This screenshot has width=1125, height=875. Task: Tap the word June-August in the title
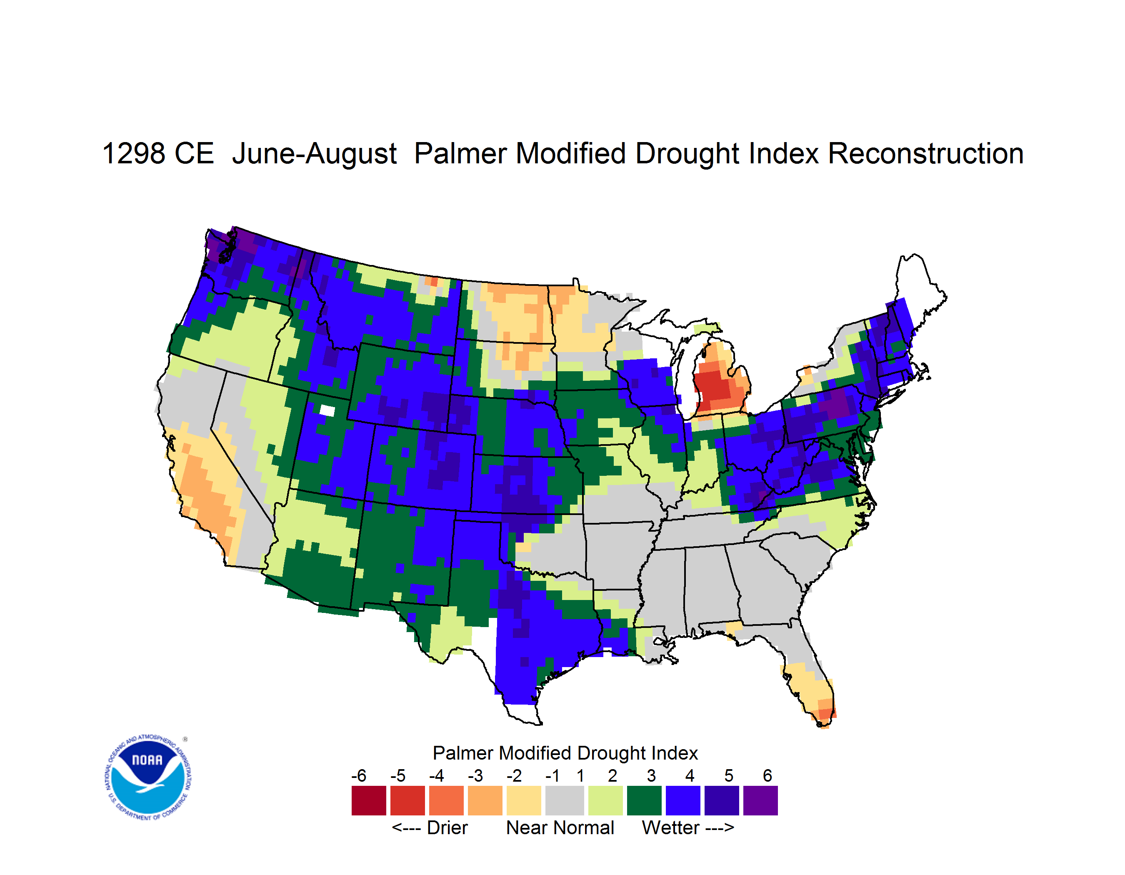tap(314, 154)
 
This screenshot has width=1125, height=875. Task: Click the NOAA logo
tap(148, 777)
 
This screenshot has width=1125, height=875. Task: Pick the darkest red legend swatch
tap(369, 800)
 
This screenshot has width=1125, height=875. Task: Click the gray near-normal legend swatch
tap(565, 800)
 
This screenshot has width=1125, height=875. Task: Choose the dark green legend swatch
tap(644, 800)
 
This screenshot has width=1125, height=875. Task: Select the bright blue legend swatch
tap(683, 800)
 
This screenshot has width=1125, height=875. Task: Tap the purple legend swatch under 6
tap(760, 800)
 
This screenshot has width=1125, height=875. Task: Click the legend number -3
tap(475, 775)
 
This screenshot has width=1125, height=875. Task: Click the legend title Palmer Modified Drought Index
tap(565, 753)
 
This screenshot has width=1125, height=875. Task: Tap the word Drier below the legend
tap(447, 827)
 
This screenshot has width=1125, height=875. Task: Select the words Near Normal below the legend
tap(560, 827)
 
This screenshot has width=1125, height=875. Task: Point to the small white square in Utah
tap(327, 410)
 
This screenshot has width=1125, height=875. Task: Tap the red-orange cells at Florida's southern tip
tap(825, 714)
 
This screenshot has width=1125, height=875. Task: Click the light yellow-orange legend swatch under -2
tap(524, 800)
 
